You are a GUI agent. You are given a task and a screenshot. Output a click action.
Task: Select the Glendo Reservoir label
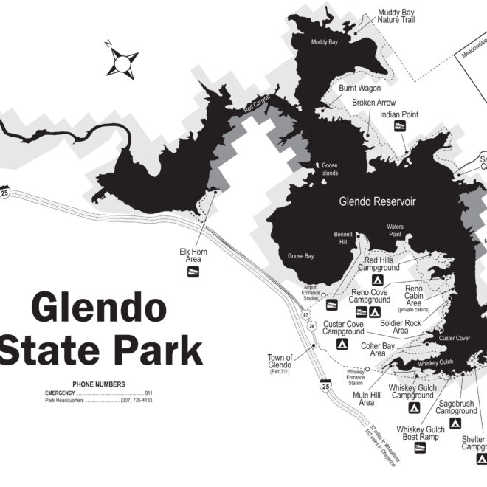(377, 201)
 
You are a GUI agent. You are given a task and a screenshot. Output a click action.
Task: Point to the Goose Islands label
(328, 170)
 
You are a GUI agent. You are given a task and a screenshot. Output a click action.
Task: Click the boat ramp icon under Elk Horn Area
(193, 272)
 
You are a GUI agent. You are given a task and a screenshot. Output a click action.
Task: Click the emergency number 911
(148, 393)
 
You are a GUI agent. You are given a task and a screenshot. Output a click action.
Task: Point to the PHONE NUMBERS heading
(98, 384)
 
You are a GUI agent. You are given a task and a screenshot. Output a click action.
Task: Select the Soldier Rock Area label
(401, 327)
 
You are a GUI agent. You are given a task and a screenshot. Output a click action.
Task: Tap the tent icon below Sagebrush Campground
(455, 424)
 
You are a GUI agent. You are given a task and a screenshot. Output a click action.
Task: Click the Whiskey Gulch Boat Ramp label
(420, 433)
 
